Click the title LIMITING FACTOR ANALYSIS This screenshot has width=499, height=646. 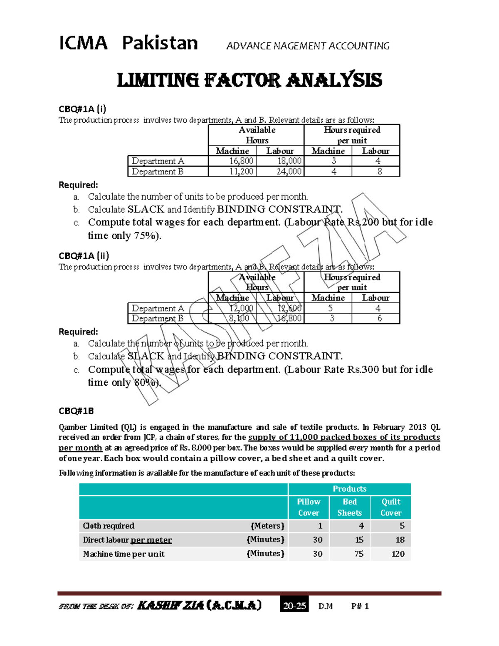(249, 80)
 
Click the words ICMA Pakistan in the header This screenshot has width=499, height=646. (128, 43)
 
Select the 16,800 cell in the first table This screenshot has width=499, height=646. (241, 161)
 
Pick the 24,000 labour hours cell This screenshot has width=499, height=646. (289, 171)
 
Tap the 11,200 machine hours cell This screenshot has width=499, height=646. (241, 171)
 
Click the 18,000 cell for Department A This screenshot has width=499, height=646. (289, 161)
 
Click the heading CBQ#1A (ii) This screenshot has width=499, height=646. (84, 255)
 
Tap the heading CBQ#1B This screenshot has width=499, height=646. (76, 411)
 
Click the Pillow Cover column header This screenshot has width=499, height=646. (309, 507)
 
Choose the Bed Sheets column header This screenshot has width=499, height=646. (350, 507)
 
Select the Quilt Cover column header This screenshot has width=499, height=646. (391, 507)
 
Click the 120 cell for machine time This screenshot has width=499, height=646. (398, 554)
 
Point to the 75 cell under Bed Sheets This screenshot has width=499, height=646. (359, 554)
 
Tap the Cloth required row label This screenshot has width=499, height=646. (109, 526)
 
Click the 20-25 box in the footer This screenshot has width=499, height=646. (294, 606)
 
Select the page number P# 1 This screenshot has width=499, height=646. (360, 606)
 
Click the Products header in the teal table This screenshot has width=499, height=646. (349, 489)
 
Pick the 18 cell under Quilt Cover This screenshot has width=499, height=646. (400, 540)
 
